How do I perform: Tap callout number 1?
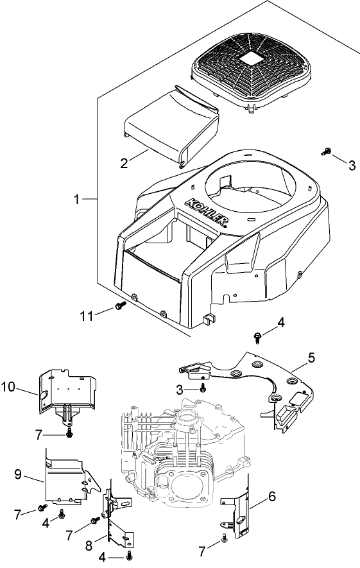pos(76,200)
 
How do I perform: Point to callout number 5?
pos(311,357)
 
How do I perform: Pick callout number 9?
pos(19,474)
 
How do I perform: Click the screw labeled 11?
pos(119,307)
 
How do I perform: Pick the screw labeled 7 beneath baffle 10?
pos(69,435)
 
